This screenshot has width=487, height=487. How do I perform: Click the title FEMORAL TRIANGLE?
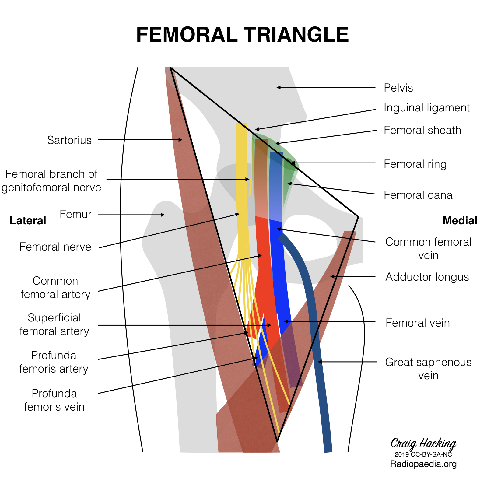tap(242, 34)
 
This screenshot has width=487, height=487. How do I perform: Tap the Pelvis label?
tap(398, 88)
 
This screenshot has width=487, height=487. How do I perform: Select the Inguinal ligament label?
tap(426, 108)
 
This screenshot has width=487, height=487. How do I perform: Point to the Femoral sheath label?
tap(422, 130)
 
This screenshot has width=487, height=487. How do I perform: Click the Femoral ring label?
tap(415, 164)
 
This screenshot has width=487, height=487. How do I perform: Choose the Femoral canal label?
tap(419, 195)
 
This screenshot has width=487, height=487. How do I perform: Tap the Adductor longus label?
tap(427, 277)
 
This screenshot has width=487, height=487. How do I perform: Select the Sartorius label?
tap(69, 140)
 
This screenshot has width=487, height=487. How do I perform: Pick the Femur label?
tap(75, 214)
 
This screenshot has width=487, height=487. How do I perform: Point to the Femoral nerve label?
tap(55, 247)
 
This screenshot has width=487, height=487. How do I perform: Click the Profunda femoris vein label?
tap(54, 400)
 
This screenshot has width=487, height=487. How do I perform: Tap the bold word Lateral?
tap(28, 221)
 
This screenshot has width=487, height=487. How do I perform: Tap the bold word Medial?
tap(460, 221)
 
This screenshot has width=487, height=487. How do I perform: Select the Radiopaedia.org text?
tap(423, 464)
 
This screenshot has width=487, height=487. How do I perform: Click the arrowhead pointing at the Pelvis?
tap(278, 88)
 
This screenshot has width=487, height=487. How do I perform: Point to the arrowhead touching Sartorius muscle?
tap(181, 140)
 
